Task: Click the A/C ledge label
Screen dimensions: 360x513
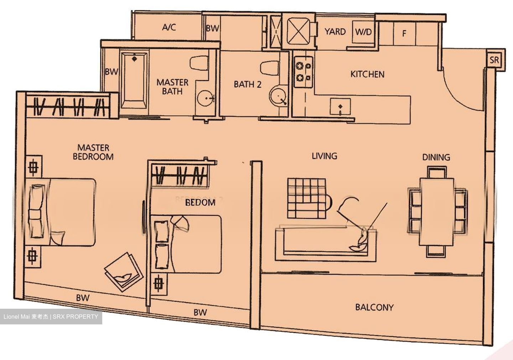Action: pyautogui.click(x=169, y=27)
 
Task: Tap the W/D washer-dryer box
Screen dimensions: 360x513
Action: pyautogui.click(x=363, y=32)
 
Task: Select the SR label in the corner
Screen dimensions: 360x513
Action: pyautogui.click(x=494, y=60)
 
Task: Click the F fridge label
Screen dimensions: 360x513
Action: pyautogui.click(x=404, y=34)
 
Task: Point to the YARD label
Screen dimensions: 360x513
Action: pyautogui.click(x=335, y=32)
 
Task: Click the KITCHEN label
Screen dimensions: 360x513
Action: pyautogui.click(x=367, y=74)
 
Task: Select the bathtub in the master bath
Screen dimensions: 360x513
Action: pyautogui.click(x=134, y=82)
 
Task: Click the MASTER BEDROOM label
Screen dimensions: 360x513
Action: pyautogui.click(x=93, y=152)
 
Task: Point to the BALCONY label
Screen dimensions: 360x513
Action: pyautogui.click(x=374, y=307)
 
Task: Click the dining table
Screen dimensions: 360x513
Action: pyautogui.click(x=437, y=212)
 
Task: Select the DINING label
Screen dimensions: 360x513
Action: pyautogui.click(x=436, y=157)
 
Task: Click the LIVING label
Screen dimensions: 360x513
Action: pyautogui.click(x=324, y=156)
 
